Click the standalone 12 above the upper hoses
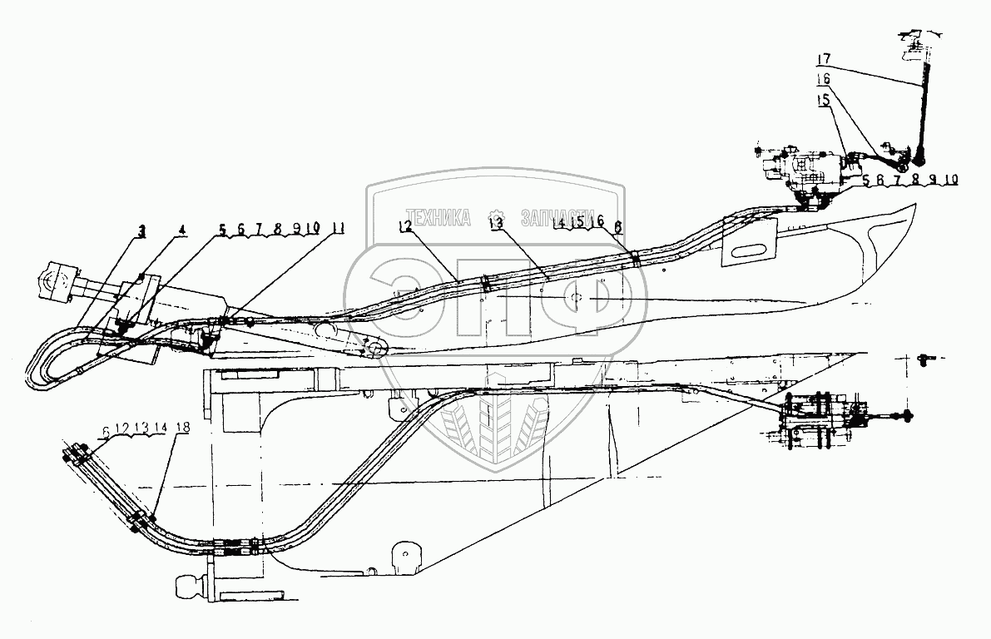coord(405,226)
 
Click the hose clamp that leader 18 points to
coord(139,522)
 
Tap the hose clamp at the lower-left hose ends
coord(77,455)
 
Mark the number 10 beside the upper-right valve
coord(951,180)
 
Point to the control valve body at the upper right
coord(803,173)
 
